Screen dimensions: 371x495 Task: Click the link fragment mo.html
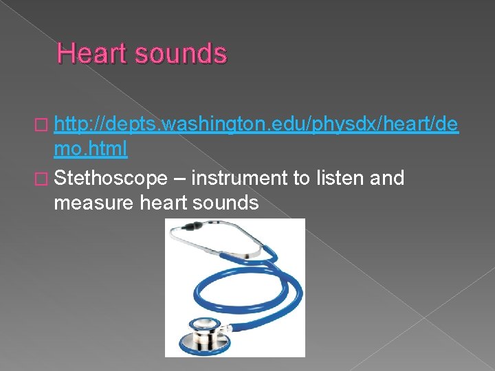coord(90,148)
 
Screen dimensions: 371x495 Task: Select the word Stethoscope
coord(110,178)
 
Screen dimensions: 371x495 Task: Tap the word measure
coord(89,203)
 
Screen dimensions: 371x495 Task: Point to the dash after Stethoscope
coord(179,179)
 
